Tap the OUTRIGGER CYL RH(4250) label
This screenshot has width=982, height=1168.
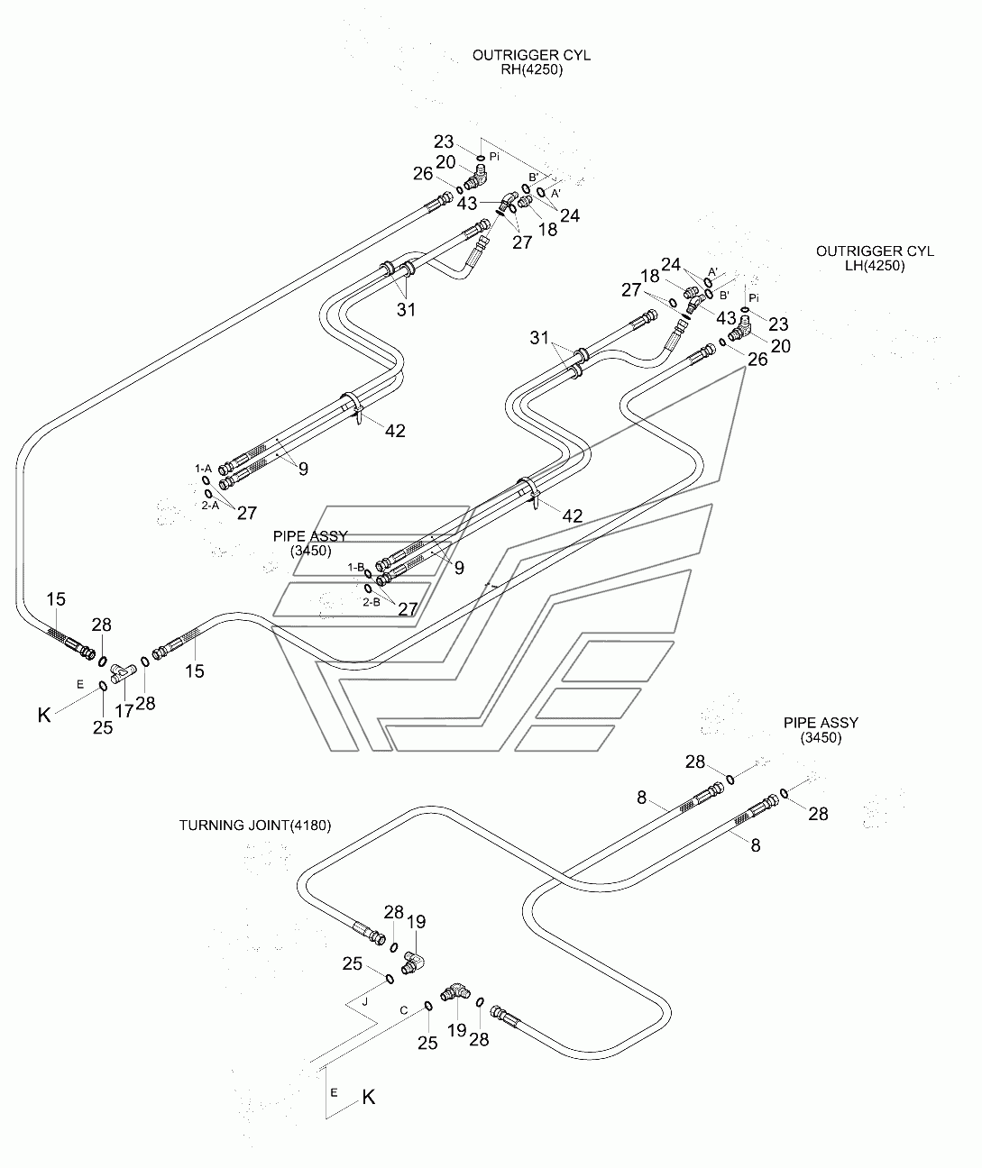[531, 62]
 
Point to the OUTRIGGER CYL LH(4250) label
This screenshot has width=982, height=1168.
[875, 259]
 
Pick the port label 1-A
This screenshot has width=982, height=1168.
[203, 469]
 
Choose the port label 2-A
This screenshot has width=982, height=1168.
[210, 506]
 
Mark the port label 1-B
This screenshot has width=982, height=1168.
[356, 567]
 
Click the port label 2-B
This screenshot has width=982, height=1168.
[371, 601]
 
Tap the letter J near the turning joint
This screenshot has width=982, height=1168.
[365, 1000]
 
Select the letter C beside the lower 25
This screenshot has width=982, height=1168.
[404, 1011]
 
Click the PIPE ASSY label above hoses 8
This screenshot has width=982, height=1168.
[820, 730]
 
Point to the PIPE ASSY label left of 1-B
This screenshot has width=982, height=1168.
[310, 543]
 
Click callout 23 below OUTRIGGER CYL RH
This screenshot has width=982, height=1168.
[444, 141]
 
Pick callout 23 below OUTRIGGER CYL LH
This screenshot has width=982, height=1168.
[778, 324]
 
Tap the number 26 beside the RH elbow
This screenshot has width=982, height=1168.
[423, 174]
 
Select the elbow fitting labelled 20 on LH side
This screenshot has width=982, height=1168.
[738, 335]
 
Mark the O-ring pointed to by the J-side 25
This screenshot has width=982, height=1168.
[389, 979]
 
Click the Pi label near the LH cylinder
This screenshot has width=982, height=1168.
[755, 297]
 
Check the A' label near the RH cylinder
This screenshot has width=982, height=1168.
[556, 193]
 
